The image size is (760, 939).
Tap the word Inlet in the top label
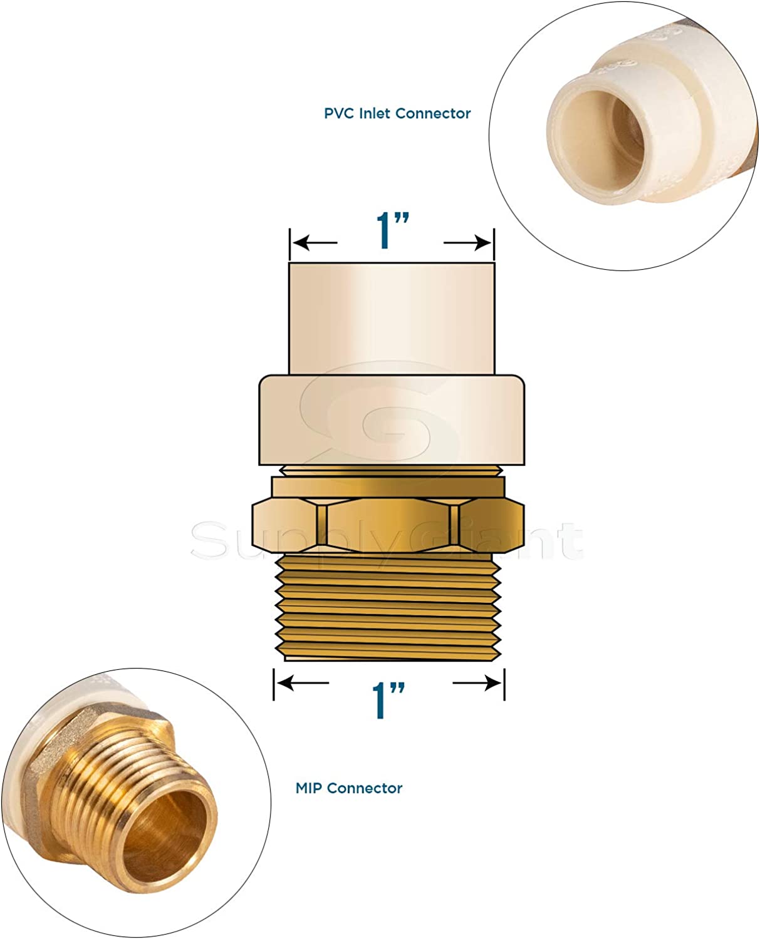click(374, 113)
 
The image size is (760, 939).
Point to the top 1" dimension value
click(393, 230)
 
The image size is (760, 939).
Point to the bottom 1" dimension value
click(388, 700)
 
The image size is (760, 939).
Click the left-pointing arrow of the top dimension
click(315, 242)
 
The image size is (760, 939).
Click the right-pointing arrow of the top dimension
click(467, 242)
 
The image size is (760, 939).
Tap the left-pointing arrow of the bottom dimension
click(303, 683)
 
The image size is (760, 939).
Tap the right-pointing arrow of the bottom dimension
click(477, 683)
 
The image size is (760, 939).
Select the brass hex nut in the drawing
click(388, 525)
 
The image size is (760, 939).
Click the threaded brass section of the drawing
click(388, 607)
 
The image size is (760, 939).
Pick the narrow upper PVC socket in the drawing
click(392, 318)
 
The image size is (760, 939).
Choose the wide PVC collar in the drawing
click(392, 419)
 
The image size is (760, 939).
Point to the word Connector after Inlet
click(432, 113)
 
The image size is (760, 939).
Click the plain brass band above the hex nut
click(388, 486)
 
